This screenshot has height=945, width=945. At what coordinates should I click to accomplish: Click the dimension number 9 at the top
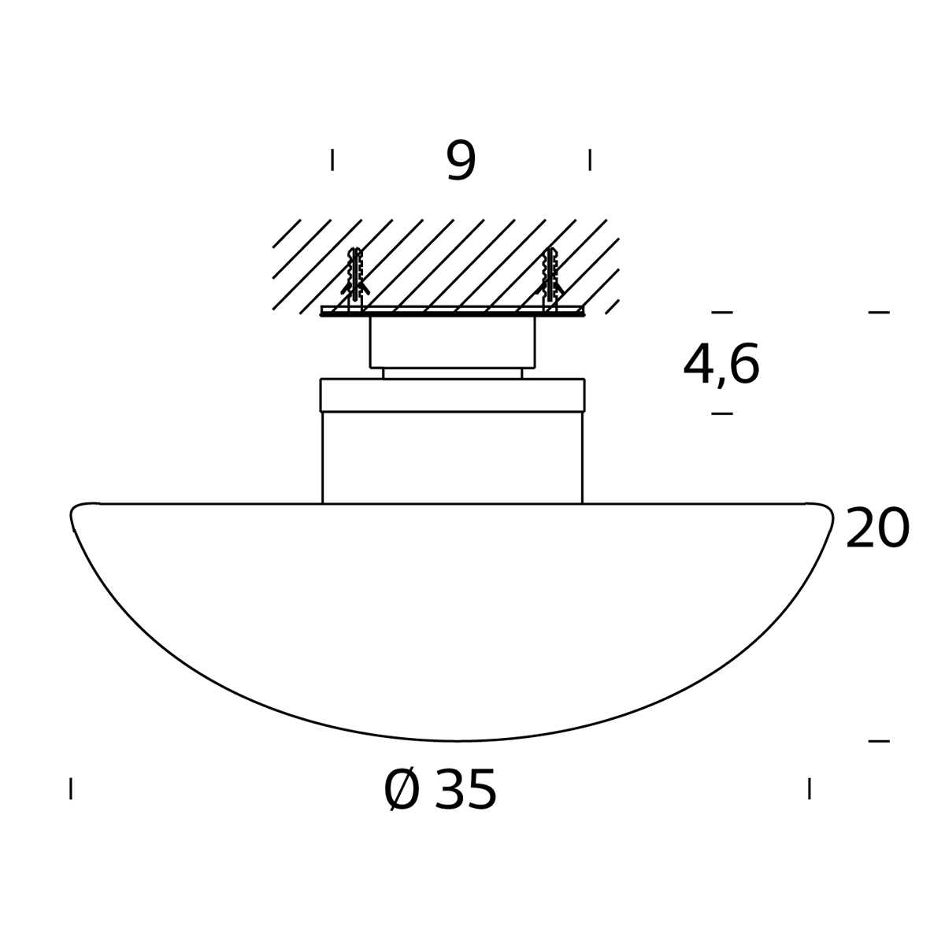[461, 161]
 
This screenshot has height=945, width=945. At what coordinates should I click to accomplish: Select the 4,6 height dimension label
[721, 364]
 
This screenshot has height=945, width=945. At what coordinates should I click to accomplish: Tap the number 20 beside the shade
[878, 528]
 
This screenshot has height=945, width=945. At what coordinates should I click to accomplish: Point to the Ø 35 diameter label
[440, 790]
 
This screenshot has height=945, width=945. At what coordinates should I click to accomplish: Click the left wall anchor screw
[355, 279]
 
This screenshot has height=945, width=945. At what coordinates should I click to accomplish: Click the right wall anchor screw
[550, 279]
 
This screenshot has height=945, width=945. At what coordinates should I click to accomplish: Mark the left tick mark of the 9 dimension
[332, 160]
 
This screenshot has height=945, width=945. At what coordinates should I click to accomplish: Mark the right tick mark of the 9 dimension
[590, 160]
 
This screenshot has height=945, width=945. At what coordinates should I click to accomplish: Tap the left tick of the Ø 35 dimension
[71, 788]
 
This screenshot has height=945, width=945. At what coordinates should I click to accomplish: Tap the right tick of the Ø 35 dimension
[810, 788]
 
